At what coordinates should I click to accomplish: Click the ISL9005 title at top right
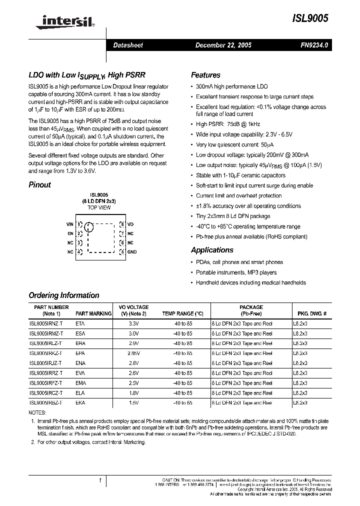click(x=310, y=18)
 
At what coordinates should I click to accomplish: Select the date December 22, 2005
click(x=223, y=45)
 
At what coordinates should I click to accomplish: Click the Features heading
click(x=205, y=75)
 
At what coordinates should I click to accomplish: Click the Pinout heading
click(x=39, y=184)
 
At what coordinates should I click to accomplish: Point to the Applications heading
click(x=212, y=250)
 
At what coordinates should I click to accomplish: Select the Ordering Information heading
click(x=63, y=295)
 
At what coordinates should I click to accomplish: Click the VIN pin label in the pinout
click(x=70, y=224)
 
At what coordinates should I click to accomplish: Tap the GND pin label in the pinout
click(x=132, y=252)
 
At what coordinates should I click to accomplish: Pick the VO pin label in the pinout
click(x=130, y=224)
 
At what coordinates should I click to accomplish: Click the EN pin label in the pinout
click(x=70, y=233)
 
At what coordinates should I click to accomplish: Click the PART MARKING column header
click(x=93, y=313)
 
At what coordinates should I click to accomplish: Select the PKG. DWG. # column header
click(x=312, y=313)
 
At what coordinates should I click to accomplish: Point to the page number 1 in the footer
click(x=100, y=480)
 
